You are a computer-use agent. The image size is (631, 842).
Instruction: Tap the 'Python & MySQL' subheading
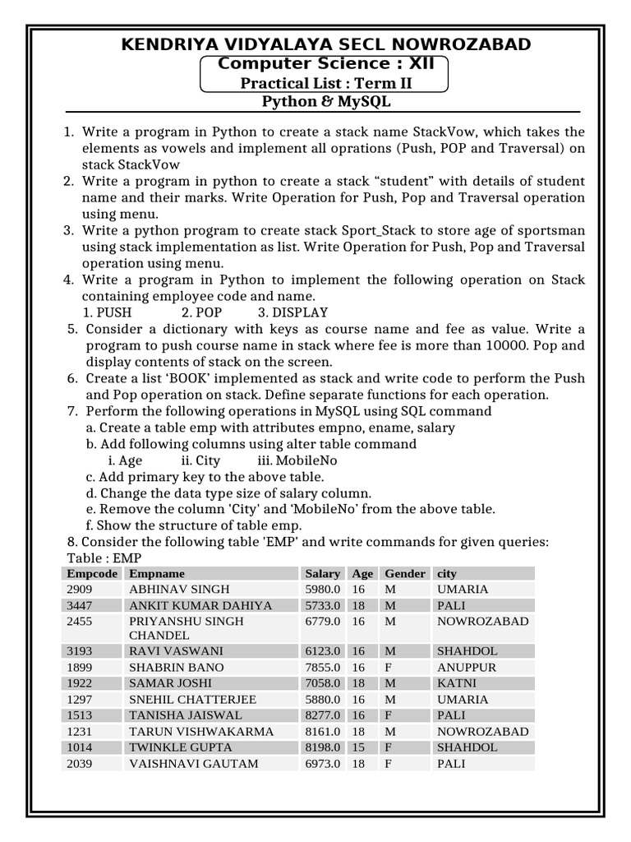tap(326, 102)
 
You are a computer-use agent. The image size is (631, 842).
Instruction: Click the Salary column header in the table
tap(322, 574)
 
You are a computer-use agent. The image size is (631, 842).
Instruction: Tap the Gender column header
tap(405, 574)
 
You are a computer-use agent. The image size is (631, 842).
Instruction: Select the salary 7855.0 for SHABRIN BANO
tap(322, 668)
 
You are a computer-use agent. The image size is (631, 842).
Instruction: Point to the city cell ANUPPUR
tap(467, 668)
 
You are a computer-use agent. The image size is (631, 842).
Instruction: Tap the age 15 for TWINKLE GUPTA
tap(358, 747)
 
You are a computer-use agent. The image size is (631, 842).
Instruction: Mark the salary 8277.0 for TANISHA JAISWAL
tap(322, 715)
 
